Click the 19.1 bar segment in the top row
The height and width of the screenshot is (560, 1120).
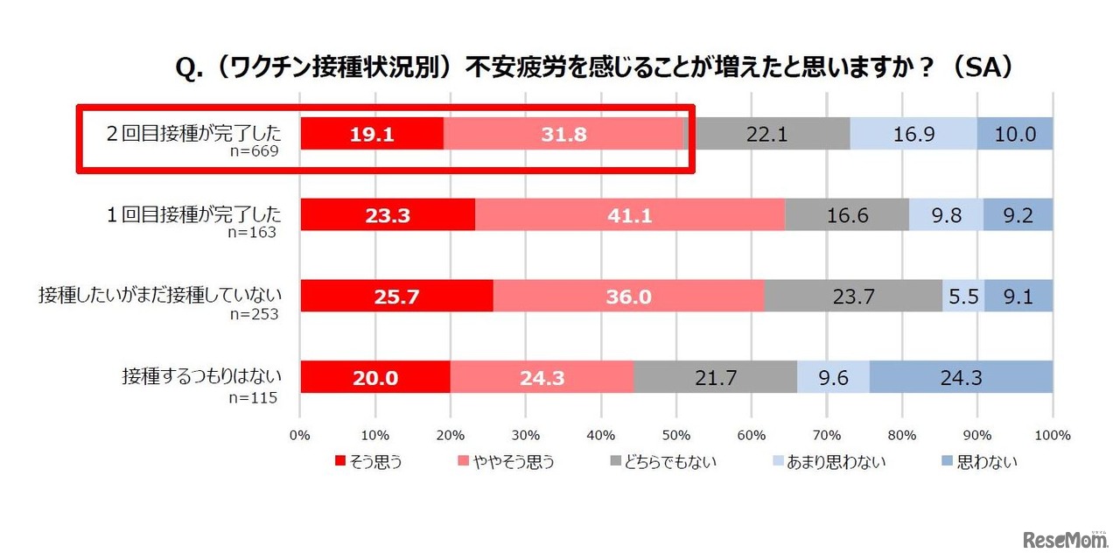[372, 134]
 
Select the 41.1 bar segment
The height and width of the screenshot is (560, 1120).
[630, 215]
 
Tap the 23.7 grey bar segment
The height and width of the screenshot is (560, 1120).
[853, 297]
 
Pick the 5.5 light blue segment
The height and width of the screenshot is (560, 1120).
[963, 297]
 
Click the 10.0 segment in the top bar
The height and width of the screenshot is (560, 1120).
[1015, 134]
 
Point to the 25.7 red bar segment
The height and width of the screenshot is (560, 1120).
[396, 297]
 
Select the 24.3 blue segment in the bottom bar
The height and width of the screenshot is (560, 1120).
[961, 377]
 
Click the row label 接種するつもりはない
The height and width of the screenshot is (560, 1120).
[201, 377]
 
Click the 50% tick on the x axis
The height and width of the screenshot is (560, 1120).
[676, 435]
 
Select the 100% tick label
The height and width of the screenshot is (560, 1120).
[1052, 435]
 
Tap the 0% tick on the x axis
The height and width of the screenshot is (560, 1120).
[300, 435]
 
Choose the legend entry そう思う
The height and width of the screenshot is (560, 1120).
[367, 461]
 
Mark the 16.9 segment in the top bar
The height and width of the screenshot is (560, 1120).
[913, 134]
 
